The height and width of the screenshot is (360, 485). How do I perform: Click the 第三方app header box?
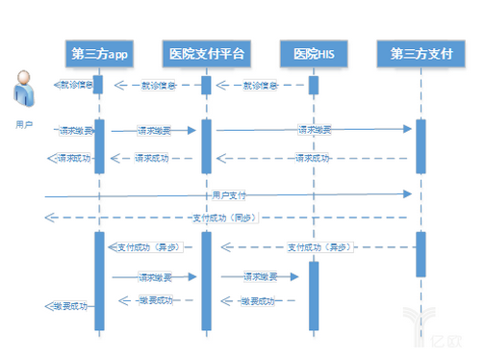(x=99, y=53)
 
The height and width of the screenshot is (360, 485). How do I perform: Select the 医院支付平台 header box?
(x=206, y=53)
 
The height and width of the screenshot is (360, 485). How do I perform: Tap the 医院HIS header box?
(x=313, y=53)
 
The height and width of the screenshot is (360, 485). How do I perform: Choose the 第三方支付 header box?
(x=421, y=53)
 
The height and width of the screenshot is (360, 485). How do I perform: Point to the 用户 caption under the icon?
(x=24, y=125)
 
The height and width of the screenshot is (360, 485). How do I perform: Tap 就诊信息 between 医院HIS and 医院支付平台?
(x=260, y=86)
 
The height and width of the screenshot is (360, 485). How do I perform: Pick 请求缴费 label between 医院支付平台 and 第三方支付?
(x=314, y=130)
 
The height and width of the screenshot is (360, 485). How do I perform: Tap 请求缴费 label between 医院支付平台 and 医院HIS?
(x=260, y=277)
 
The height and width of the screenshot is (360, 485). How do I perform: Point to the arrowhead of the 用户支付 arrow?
(x=408, y=194)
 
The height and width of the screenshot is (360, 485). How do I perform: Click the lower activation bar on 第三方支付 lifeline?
(x=421, y=253)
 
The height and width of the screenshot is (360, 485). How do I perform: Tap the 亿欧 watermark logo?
(x=424, y=327)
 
